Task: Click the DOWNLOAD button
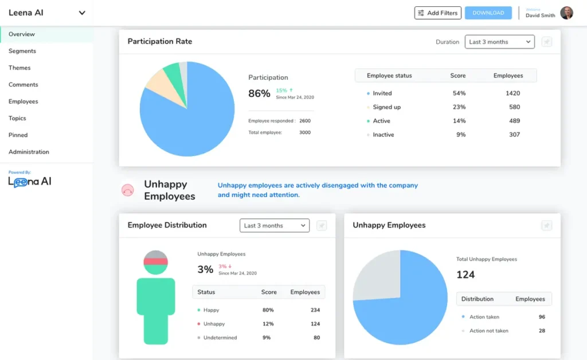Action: [488, 13]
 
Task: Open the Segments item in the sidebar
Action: [22, 51]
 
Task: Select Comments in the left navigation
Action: [24, 85]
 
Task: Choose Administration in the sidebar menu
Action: [29, 152]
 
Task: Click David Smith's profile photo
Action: [566, 13]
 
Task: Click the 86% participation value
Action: [259, 93]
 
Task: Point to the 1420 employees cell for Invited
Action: [513, 93]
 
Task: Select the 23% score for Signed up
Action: [459, 107]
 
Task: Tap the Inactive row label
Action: [383, 135]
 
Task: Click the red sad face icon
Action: [128, 190]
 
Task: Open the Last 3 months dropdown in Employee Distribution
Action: [274, 226]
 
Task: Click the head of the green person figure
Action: [155, 261]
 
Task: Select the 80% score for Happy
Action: [268, 310]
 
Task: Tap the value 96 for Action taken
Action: [542, 317]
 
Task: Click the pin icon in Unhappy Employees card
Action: [546, 226]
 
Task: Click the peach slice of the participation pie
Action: [155, 81]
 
